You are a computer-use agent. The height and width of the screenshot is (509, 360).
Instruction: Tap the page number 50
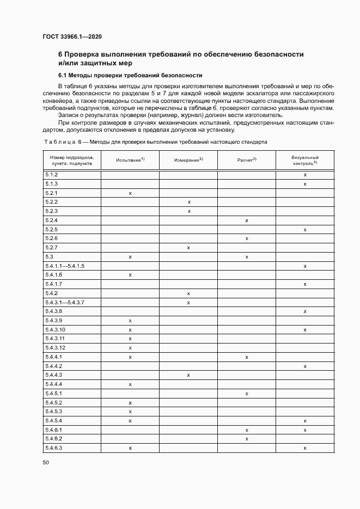coord(46,462)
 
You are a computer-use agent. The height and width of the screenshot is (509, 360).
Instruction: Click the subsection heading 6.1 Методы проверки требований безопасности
coord(130,75)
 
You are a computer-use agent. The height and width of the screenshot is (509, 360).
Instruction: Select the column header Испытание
coord(130,160)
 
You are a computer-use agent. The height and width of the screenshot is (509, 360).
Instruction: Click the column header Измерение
coord(188,160)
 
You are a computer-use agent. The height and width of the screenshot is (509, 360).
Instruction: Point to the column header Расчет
coord(247,160)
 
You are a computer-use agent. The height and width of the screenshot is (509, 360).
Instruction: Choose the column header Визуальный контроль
coord(304,160)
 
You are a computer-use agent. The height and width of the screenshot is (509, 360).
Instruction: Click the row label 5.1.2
coord(51,175)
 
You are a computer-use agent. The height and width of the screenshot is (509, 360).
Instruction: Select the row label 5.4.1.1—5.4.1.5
coord(65,266)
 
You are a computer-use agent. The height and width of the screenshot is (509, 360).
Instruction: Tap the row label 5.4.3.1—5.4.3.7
coord(65,302)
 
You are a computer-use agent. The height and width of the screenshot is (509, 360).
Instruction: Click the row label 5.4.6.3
coord(54,447)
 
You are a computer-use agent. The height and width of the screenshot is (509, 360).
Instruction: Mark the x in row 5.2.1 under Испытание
coord(130,193)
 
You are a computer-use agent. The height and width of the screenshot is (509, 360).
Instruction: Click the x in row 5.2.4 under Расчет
coord(247,220)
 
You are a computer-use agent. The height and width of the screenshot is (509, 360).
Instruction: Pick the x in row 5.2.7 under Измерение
coord(188,248)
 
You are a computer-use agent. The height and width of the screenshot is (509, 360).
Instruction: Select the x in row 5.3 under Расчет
coord(247,257)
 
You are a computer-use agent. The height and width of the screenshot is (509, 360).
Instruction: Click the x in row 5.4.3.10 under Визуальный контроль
coord(305,330)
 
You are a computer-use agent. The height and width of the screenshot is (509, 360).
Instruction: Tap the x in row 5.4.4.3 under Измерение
coord(188,375)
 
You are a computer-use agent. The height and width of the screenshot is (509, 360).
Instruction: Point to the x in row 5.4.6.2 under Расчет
coord(247,439)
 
